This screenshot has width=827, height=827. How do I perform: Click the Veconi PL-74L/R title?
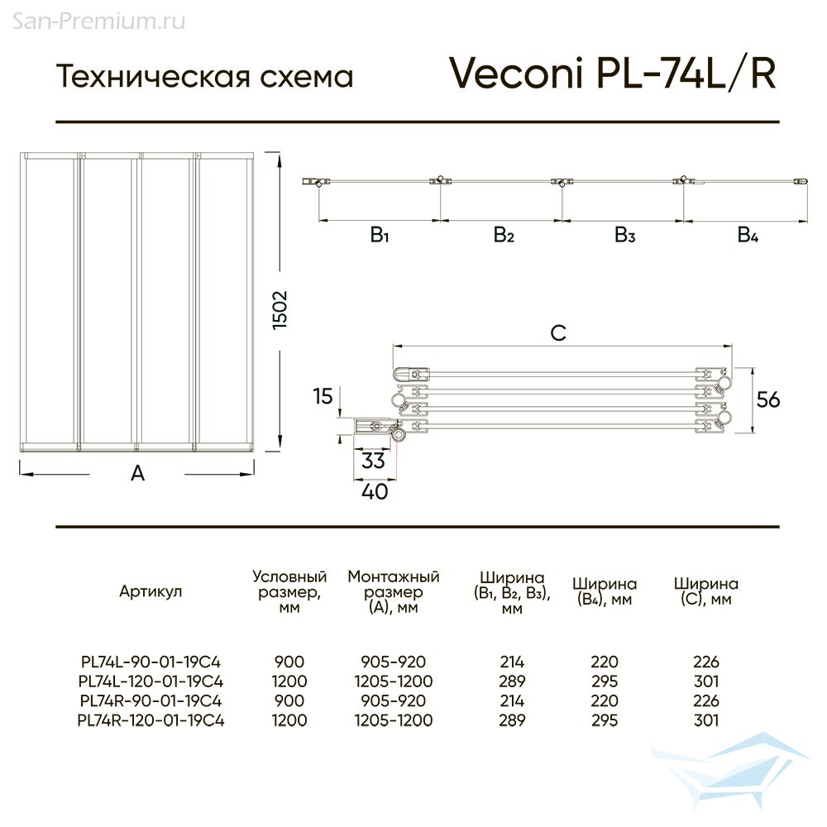point(612,73)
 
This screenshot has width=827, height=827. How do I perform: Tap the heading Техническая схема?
point(204,76)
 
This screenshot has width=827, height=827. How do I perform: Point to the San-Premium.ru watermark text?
point(98,22)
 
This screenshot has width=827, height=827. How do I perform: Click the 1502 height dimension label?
point(280,310)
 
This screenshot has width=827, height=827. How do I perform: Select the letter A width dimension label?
point(137,473)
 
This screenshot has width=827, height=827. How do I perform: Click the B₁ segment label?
point(380,234)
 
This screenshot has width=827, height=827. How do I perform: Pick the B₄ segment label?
point(748,234)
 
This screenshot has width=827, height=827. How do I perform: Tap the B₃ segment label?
point(625,234)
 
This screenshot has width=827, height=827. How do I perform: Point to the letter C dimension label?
point(558,332)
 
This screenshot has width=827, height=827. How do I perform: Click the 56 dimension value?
point(768,399)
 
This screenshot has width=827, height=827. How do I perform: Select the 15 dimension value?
point(323,396)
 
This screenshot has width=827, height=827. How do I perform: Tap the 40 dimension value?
point(375,491)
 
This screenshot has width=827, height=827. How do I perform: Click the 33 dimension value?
point(373,461)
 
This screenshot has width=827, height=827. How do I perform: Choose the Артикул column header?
point(151,591)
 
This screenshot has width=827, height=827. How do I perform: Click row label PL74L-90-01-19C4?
point(151,662)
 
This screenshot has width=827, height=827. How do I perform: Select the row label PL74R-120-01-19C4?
point(151,720)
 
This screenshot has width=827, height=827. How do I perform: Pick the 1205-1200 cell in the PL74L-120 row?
point(394,681)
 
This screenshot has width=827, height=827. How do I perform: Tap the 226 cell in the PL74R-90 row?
point(706,700)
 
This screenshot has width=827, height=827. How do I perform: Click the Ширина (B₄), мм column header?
point(605,592)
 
